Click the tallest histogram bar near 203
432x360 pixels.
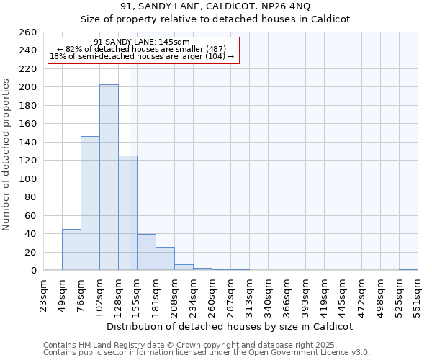109,177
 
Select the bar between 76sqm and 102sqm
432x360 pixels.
90,203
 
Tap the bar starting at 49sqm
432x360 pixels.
71,249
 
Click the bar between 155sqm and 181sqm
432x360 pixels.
146,252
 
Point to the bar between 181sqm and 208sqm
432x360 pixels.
165,258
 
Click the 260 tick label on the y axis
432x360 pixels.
27,32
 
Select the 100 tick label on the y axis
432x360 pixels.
27,179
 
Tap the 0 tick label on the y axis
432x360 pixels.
33,271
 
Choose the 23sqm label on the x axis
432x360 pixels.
44,294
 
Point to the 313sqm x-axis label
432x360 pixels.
250,294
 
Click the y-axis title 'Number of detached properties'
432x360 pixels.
7,151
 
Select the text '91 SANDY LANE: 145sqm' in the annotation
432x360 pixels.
142,42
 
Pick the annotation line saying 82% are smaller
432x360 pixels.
142,49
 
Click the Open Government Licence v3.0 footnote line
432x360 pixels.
207,352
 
